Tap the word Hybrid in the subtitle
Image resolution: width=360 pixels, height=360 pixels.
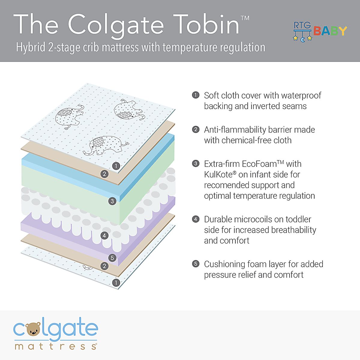click(31, 48)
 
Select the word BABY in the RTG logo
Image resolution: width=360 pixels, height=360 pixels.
click(330, 31)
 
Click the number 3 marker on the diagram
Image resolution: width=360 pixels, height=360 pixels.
click(112, 201)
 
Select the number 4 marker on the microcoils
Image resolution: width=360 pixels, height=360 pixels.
click(104, 235)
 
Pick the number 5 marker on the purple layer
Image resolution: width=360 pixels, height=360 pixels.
click(112, 258)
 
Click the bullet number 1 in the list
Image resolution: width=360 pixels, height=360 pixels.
click(196, 95)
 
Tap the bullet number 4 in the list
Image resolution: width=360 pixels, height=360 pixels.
click(196, 219)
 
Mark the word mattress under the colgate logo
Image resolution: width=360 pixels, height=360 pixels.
click(55, 346)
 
